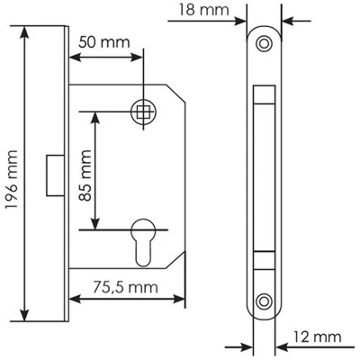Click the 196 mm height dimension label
coord(12,180)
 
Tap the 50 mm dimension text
coord(104,42)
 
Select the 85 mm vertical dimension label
coord(85,175)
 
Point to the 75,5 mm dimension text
coord(125,287)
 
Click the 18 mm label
coord(204,10)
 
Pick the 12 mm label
coord(317,337)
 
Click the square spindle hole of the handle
coord(143,112)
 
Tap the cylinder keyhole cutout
coord(143,242)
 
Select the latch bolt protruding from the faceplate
coord(56,175)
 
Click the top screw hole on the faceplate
coord(264,44)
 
